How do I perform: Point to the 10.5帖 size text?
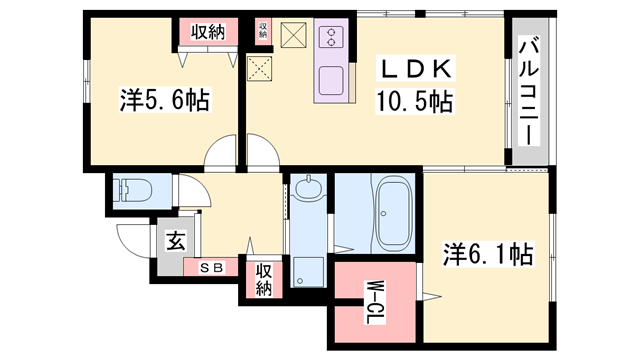[416, 100]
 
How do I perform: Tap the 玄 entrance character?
[175, 241]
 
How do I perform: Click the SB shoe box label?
[211, 267]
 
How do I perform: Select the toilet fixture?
[131, 190]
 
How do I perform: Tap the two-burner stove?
[331, 39]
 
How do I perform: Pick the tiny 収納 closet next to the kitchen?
[263, 30]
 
